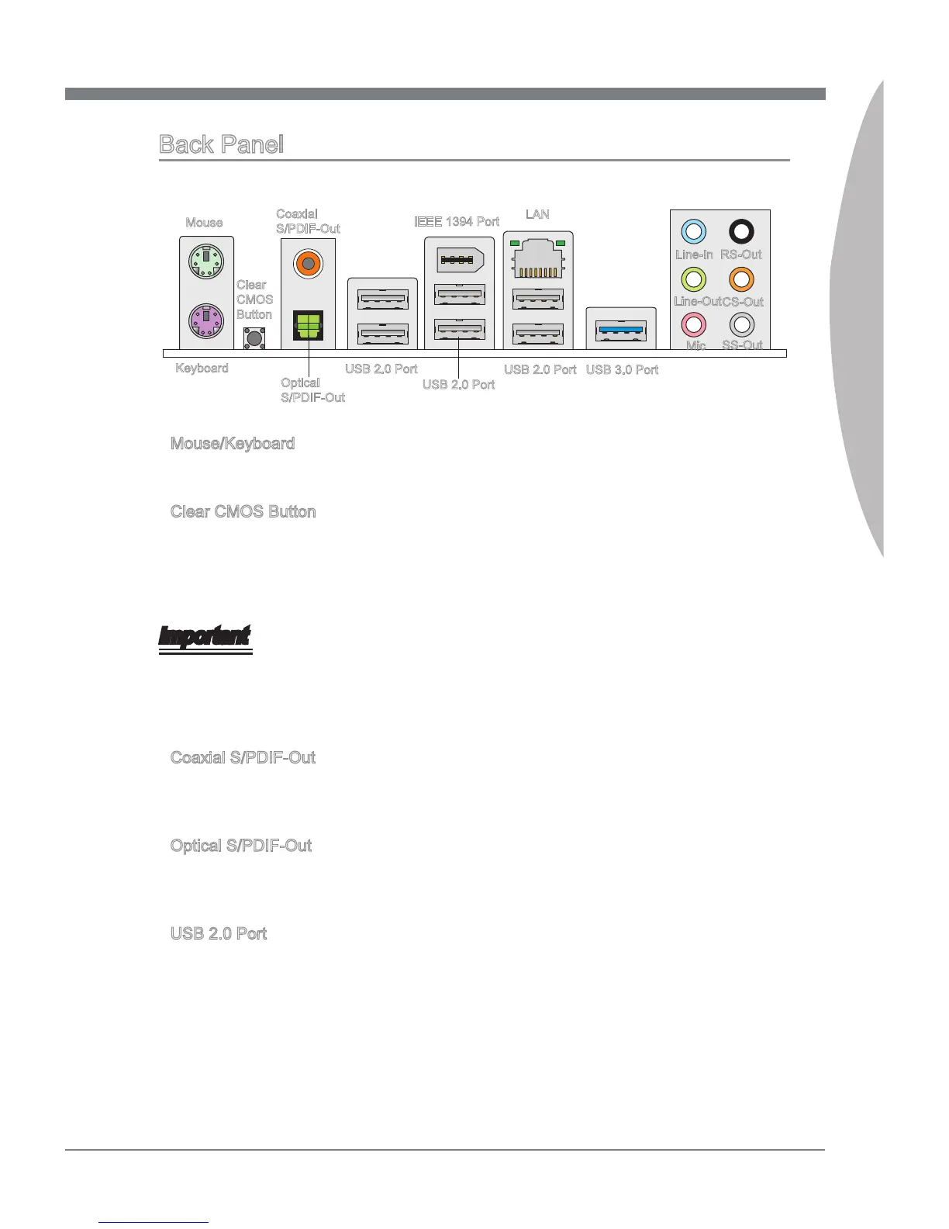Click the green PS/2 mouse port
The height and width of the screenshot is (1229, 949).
click(x=205, y=260)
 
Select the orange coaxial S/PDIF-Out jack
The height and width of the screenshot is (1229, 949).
click(x=308, y=265)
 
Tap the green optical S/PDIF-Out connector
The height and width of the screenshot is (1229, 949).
click(x=308, y=325)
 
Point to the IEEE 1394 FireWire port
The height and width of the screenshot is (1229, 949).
click(x=460, y=260)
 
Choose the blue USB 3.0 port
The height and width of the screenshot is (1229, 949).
click(x=622, y=330)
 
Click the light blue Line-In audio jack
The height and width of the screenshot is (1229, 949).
click(x=694, y=231)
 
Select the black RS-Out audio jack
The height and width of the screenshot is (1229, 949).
click(x=742, y=231)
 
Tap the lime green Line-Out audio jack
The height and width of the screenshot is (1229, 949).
click(x=693, y=279)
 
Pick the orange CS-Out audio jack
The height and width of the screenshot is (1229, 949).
click(x=742, y=279)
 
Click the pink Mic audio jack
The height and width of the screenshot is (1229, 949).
click(x=693, y=324)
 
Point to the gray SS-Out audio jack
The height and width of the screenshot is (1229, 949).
click(x=742, y=324)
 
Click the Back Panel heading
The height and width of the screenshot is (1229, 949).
click(x=221, y=144)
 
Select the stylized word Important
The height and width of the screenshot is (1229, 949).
click(x=205, y=637)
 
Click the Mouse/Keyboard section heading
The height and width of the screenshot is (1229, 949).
click(x=233, y=444)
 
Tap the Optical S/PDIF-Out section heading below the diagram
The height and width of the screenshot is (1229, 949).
click(x=241, y=846)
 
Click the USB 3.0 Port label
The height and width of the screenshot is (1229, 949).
click(x=622, y=369)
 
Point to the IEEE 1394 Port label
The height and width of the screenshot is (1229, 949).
click(x=457, y=222)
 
